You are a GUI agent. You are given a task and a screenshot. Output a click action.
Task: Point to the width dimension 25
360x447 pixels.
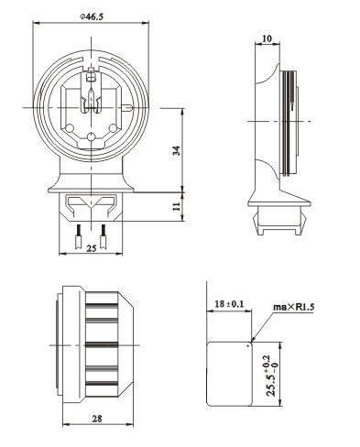91,248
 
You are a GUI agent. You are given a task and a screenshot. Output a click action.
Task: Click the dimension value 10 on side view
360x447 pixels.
267,38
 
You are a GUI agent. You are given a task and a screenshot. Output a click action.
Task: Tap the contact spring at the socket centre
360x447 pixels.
92,101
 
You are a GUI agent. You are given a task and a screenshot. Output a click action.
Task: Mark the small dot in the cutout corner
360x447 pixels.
249,347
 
